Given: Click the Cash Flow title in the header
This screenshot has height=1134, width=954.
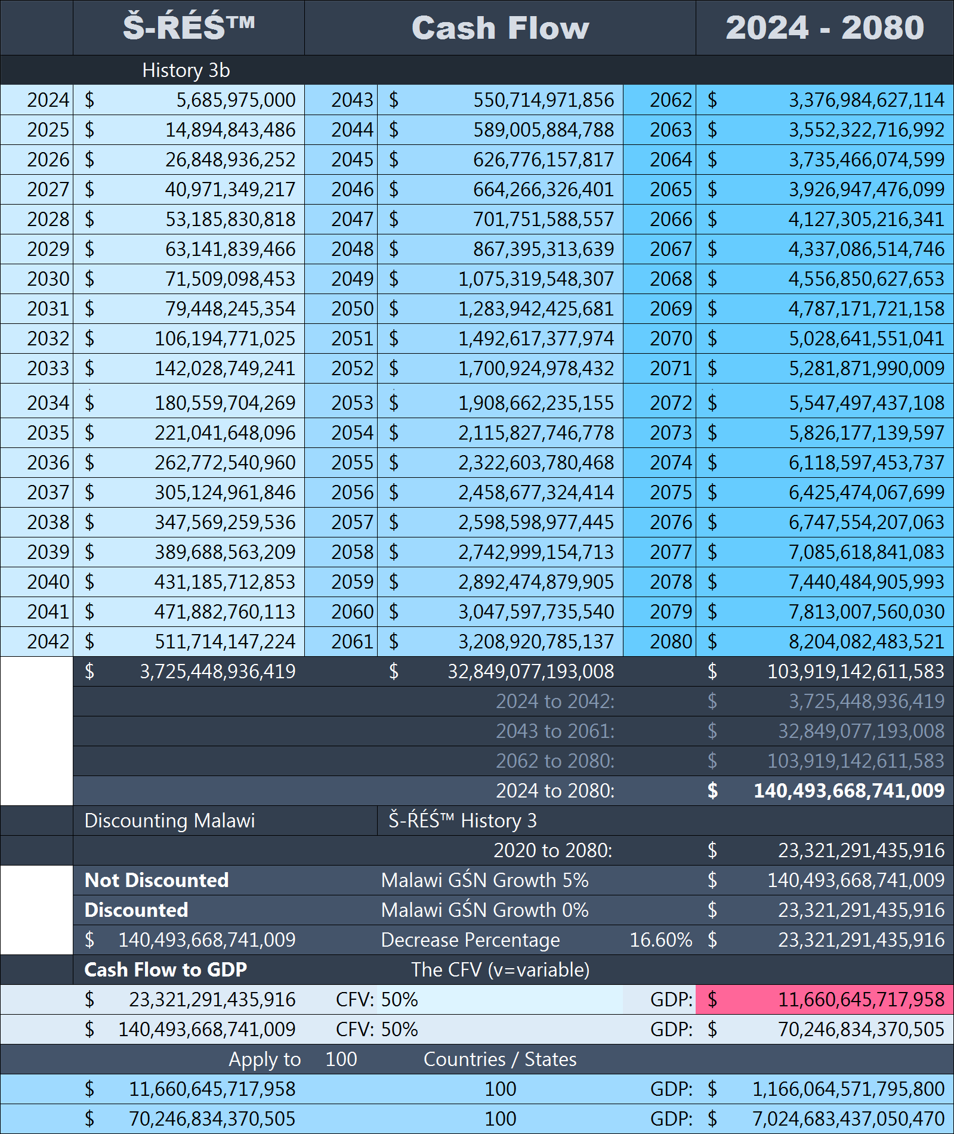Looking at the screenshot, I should (500, 28).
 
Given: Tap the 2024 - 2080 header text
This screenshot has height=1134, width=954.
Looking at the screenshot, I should (825, 28).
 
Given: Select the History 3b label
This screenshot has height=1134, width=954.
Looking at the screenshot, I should (186, 70).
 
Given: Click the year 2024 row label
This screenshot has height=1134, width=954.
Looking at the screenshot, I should (48, 100).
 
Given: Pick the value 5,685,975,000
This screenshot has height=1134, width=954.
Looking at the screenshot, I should (236, 100).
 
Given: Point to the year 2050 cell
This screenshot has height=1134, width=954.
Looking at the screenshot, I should (352, 308).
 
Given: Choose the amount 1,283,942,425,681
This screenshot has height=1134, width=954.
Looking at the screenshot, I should (536, 308).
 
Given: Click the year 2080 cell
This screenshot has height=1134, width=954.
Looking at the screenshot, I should (671, 641).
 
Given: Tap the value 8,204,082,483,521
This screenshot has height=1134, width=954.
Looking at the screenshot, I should (866, 641).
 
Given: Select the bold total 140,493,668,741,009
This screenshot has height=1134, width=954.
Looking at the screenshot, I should (848, 790).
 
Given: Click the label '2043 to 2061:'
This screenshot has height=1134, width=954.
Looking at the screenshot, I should (555, 731).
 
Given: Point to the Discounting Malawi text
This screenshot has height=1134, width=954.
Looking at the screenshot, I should (169, 820).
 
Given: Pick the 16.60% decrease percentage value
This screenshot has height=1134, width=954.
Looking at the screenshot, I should (660, 940).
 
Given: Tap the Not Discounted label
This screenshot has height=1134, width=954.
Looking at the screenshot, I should (156, 880).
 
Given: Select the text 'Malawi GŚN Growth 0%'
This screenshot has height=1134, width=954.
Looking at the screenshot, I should (484, 910).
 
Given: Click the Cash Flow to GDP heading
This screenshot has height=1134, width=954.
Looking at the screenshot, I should (165, 969).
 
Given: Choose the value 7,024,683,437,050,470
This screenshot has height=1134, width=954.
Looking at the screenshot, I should (848, 1118).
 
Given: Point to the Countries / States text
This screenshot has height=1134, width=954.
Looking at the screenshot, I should (500, 1059).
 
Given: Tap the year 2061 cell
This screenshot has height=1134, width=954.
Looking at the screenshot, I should (352, 641).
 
